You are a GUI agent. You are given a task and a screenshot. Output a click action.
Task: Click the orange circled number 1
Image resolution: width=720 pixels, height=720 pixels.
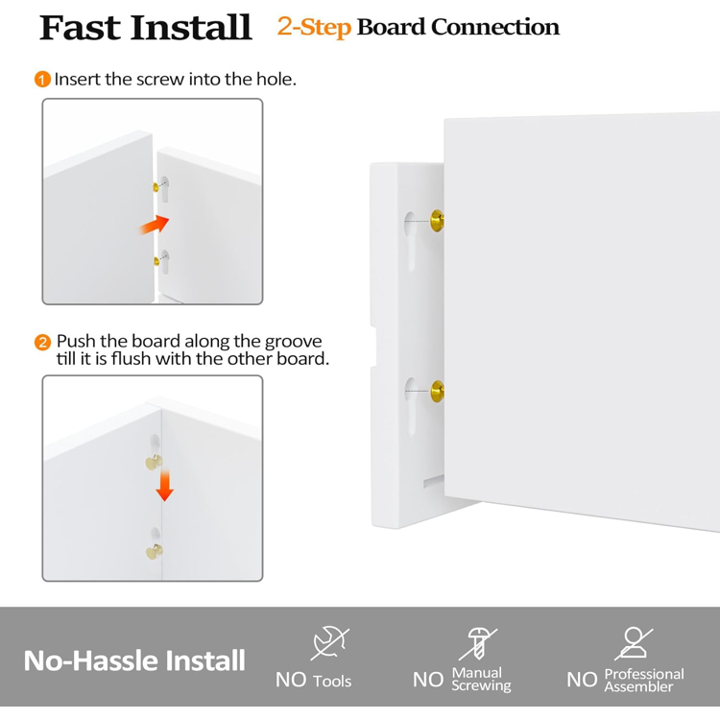point(42,79)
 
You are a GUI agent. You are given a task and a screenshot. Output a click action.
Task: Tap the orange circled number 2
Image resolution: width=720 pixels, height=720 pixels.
point(42,342)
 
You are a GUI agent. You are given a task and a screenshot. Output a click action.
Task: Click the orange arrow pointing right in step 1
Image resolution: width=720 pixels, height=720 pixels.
point(155,225)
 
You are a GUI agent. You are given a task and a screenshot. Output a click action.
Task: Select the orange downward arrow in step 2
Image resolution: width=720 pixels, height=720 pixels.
point(164,486)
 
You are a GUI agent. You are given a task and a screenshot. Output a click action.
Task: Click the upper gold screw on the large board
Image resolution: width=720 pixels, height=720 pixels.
point(437,221)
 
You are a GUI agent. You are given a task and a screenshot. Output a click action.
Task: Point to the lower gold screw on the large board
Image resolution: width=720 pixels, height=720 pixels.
point(438,392)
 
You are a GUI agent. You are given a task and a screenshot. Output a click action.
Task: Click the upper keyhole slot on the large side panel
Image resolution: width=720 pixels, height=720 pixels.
point(410,241)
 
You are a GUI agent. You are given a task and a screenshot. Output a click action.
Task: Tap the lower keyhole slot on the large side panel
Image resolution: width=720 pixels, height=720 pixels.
point(411,407)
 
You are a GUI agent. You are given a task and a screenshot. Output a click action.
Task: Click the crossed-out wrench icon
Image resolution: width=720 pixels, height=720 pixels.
point(329,642)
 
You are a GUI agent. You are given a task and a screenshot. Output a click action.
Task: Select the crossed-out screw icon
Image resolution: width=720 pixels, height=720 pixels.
point(478,644)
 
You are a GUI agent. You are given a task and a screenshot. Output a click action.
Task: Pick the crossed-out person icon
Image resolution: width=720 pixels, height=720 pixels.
point(634,642)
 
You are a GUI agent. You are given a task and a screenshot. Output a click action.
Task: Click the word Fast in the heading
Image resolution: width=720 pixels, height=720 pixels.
point(81,28)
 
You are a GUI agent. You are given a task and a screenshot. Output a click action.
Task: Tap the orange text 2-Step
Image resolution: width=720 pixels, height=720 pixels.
point(314,27)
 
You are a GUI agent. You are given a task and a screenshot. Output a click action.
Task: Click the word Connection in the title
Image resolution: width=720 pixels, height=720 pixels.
point(495,27)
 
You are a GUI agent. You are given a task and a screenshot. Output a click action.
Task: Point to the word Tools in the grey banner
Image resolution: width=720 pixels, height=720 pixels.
point(332,681)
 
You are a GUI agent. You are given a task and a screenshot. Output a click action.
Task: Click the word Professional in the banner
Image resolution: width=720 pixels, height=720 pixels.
point(644,674)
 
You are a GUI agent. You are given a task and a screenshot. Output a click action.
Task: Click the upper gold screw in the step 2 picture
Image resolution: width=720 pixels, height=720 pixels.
point(154,462)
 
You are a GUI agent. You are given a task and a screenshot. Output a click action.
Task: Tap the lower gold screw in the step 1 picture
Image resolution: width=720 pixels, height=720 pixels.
point(156,262)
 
